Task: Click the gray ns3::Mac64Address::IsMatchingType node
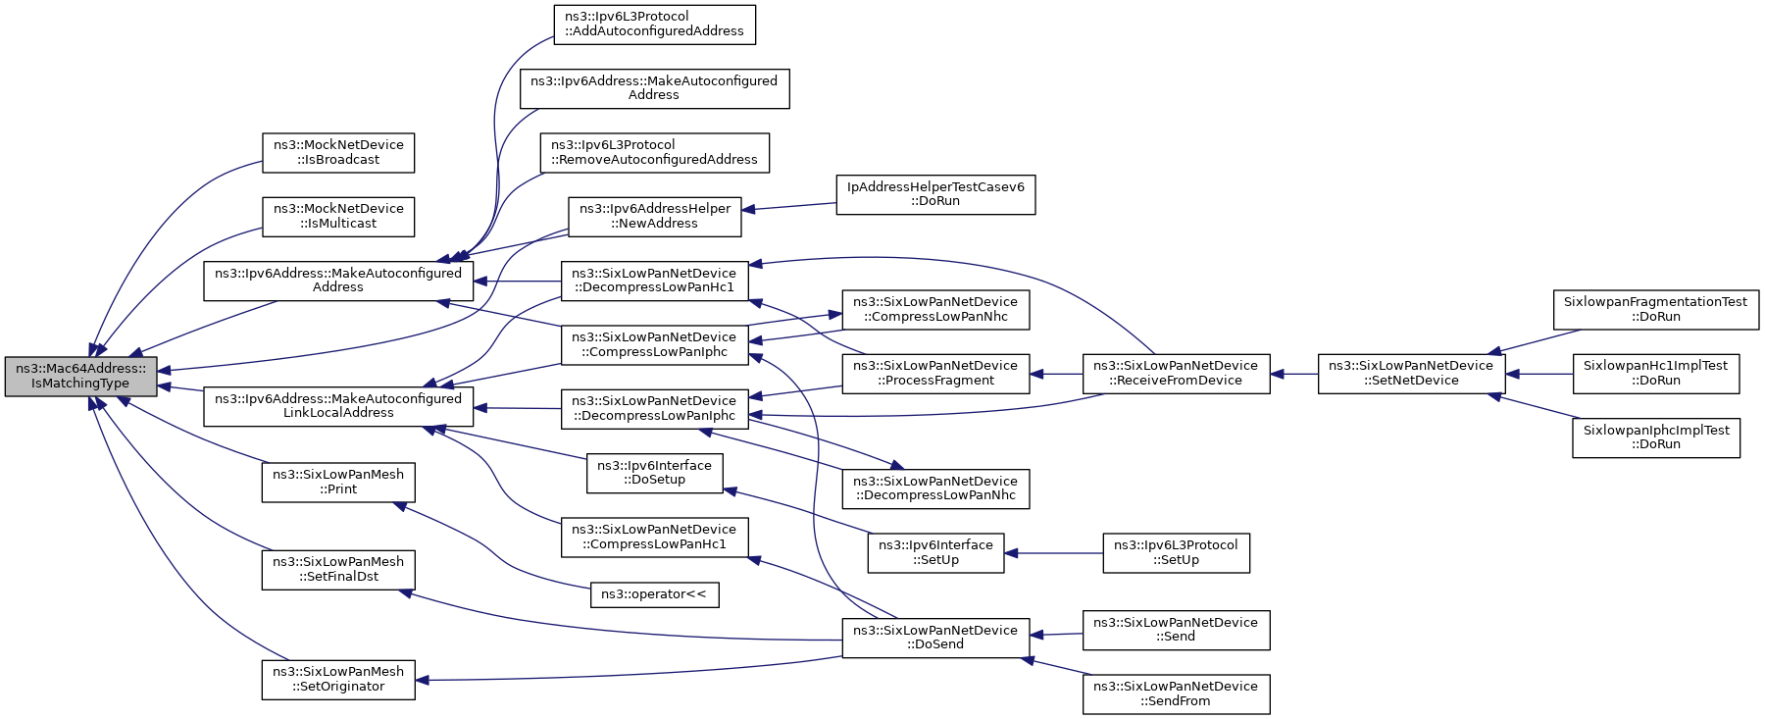tap(80, 377)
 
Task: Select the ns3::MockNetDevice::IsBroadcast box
tap(338, 152)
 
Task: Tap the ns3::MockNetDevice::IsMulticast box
tap(338, 216)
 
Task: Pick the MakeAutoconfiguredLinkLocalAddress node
tap(338, 406)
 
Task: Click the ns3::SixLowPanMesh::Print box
tap(338, 482)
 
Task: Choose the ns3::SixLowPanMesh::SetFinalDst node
tap(338, 570)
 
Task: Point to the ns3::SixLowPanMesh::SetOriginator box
tap(338, 679)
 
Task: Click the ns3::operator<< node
tap(654, 594)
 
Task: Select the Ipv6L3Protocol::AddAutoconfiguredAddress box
tap(654, 25)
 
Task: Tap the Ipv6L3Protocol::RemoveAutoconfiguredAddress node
tap(654, 152)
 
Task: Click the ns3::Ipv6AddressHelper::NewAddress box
tap(654, 216)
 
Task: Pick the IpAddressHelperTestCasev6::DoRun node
tap(935, 194)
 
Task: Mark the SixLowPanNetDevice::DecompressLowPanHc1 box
tap(654, 281)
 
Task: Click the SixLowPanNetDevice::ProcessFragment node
tap(935, 374)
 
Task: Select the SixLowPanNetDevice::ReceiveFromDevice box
tap(1176, 374)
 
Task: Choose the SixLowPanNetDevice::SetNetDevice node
tap(1411, 374)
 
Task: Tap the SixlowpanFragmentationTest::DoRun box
tap(1656, 310)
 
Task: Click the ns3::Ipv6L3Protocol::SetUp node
tap(1176, 553)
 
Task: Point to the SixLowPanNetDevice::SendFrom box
tap(1176, 693)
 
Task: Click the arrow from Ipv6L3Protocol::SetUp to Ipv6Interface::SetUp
tap(1054, 553)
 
